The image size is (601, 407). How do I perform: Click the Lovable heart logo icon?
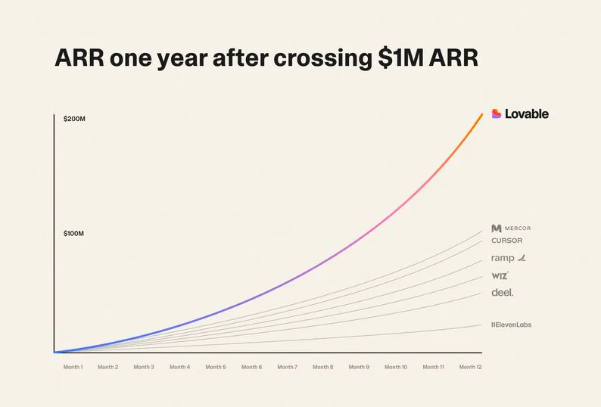pos(497,113)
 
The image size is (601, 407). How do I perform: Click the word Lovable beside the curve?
pos(526,113)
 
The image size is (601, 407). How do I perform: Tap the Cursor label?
pos(506,241)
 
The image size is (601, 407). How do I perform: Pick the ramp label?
pos(508,258)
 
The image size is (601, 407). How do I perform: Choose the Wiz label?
pos(500,275)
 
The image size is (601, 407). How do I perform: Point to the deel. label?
pos(502,292)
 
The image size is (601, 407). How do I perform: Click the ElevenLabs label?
pos(516,325)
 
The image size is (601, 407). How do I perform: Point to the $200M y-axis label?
pos(74,119)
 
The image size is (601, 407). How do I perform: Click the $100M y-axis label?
pos(74,234)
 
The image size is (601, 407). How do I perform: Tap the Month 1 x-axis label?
pos(73,367)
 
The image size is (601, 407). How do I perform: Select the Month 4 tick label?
pos(179,367)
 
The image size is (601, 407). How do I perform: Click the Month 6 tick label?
pos(251,367)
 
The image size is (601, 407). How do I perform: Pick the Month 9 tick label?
pos(359,367)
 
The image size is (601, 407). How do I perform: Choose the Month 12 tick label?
pos(469,367)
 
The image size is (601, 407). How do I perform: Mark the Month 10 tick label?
pos(395,367)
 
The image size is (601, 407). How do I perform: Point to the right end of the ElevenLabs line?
pos(481,325)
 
